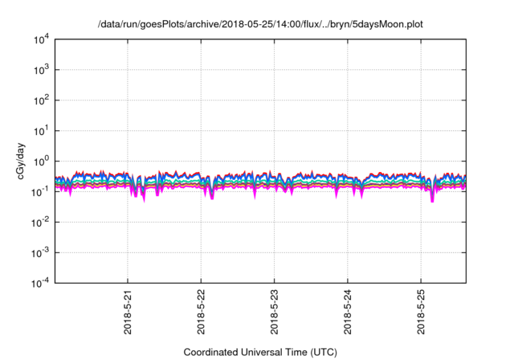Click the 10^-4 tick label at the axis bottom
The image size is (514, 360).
coord(40,282)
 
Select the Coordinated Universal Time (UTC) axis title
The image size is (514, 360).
coord(260,352)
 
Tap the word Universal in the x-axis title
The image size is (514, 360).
coord(262,352)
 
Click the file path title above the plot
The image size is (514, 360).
coord(260,25)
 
